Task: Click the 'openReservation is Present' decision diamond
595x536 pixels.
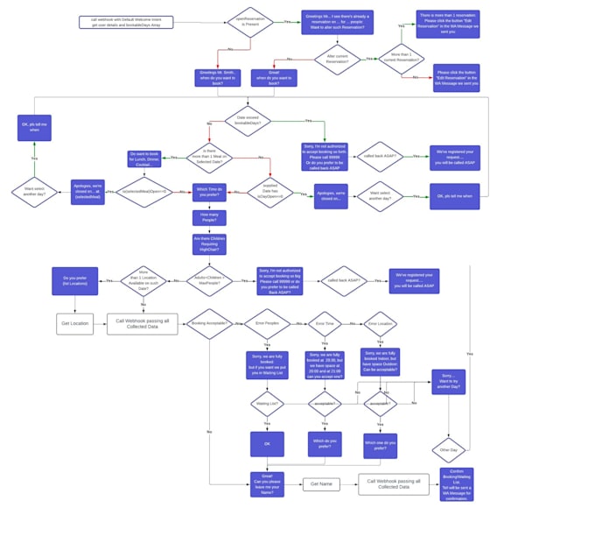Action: [250, 22]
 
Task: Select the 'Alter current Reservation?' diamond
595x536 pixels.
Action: [337, 60]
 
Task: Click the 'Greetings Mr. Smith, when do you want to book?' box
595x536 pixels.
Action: [217, 78]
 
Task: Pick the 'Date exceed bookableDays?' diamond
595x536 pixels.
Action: [248, 121]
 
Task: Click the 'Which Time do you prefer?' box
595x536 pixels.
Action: [210, 191]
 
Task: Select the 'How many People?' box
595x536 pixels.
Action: [209, 217]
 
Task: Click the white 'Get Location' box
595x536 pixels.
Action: [74, 324]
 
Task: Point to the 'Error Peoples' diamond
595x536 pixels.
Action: [267, 323]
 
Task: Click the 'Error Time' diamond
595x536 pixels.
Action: [325, 323]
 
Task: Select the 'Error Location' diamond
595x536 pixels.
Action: [380, 324]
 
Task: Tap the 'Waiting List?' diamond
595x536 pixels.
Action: [267, 404]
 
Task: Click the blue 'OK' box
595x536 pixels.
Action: [267, 444]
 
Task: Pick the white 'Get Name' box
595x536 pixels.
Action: [321, 484]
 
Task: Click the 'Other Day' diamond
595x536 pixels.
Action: [449, 450]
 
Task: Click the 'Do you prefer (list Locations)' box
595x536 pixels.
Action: [74, 281]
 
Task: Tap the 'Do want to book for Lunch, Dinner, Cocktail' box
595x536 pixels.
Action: [144, 159]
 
